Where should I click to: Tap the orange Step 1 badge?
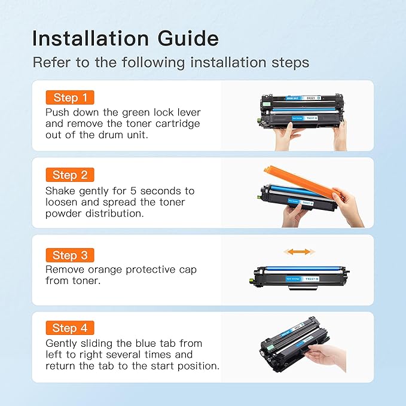pos(70,97)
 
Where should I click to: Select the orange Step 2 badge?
pos(70,175)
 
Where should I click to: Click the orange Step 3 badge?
pos(70,255)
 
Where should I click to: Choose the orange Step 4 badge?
pos(70,328)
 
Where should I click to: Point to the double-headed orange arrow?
pos(297,252)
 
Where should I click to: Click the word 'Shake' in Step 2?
pos(62,191)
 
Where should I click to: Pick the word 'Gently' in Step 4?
pos(63,343)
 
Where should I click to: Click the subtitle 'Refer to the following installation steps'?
pos(170,62)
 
